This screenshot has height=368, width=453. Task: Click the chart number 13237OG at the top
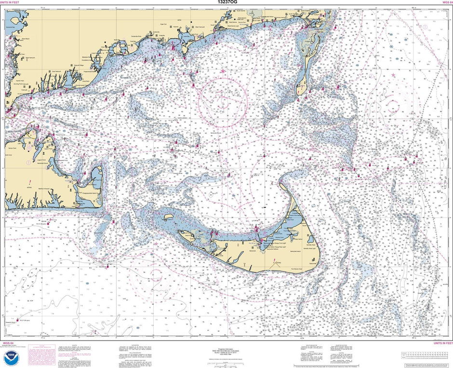226,2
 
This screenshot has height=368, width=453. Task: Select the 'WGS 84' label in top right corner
446,2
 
